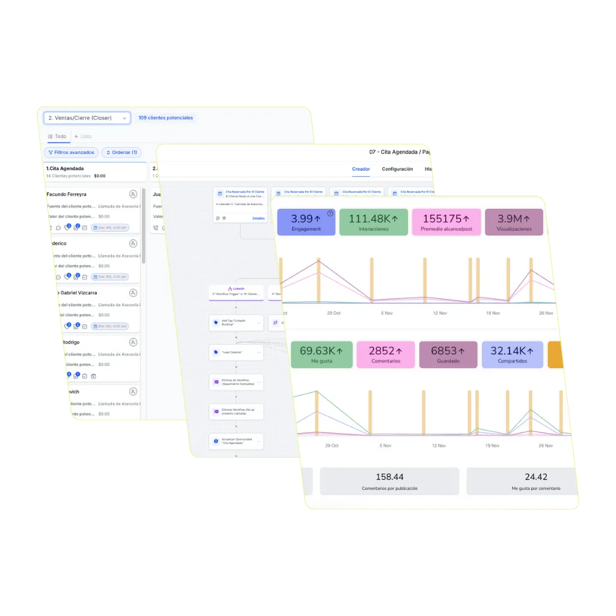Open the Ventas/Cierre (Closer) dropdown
click(x=87, y=118)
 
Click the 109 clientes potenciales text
click(x=165, y=118)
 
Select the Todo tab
click(x=57, y=137)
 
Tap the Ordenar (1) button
click(x=122, y=152)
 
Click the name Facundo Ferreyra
click(x=66, y=194)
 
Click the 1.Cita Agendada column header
click(x=65, y=168)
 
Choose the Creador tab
click(x=361, y=169)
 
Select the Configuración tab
click(x=397, y=169)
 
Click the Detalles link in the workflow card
click(x=258, y=218)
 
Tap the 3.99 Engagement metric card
click(x=306, y=222)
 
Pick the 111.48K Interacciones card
click(x=374, y=222)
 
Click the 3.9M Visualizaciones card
click(x=514, y=222)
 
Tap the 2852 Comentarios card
click(x=386, y=354)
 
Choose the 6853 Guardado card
click(x=448, y=354)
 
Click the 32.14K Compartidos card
click(x=513, y=354)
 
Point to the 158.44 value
click(x=389, y=477)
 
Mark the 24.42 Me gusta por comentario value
click(x=535, y=477)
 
